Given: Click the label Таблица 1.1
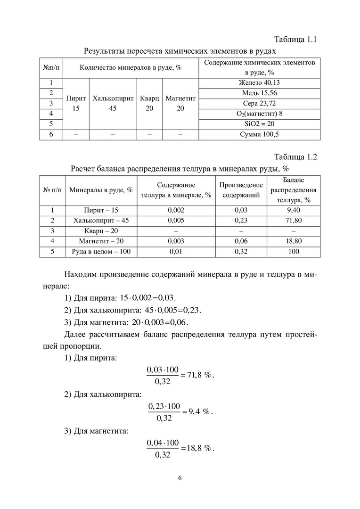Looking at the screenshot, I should click(x=295, y=40).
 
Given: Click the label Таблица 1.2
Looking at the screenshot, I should click(x=295, y=157).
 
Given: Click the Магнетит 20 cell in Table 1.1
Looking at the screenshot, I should click(x=180, y=103).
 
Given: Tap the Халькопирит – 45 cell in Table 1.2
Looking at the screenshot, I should click(x=101, y=220).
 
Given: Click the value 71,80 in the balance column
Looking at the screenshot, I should click(x=294, y=220).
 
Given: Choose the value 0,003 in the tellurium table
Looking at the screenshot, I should click(x=176, y=241).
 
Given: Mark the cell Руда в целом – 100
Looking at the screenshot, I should click(x=101, y=252).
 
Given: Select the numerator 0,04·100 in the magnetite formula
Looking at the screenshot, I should click(x=163, y=443).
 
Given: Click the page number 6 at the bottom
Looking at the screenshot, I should click(x=180, y=478).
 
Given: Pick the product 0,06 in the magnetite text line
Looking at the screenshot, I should click(x=179, y=322).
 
